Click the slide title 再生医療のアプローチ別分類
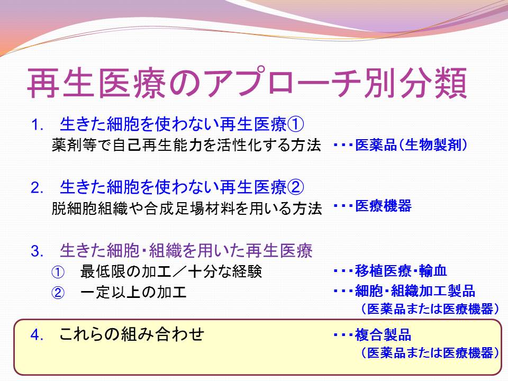[x=247, y=83]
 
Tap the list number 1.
[x=38, y=125]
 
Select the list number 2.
[x=37, y=188]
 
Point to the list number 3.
[x=37, y=251]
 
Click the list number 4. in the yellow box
[x=37, y=334]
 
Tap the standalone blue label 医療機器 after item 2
[x=383, y=206]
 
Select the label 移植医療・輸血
[x=401, y=270]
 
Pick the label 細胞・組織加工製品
[x=415, y=291]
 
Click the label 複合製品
[x=383, y=334]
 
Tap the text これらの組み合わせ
[x=132, y=334]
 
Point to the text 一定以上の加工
[x=133, y=292]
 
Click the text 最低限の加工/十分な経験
[x=171, y=271]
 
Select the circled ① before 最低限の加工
[x=58, y=272]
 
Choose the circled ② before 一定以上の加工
[x=58, y=293]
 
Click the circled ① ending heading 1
[x=295, y=124]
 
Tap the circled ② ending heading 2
[x=295, y=187]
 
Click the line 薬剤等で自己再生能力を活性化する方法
[x=186, y=145]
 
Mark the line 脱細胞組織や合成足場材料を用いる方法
[x=187, y=208]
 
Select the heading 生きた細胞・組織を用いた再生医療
[x=186, y=251]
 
